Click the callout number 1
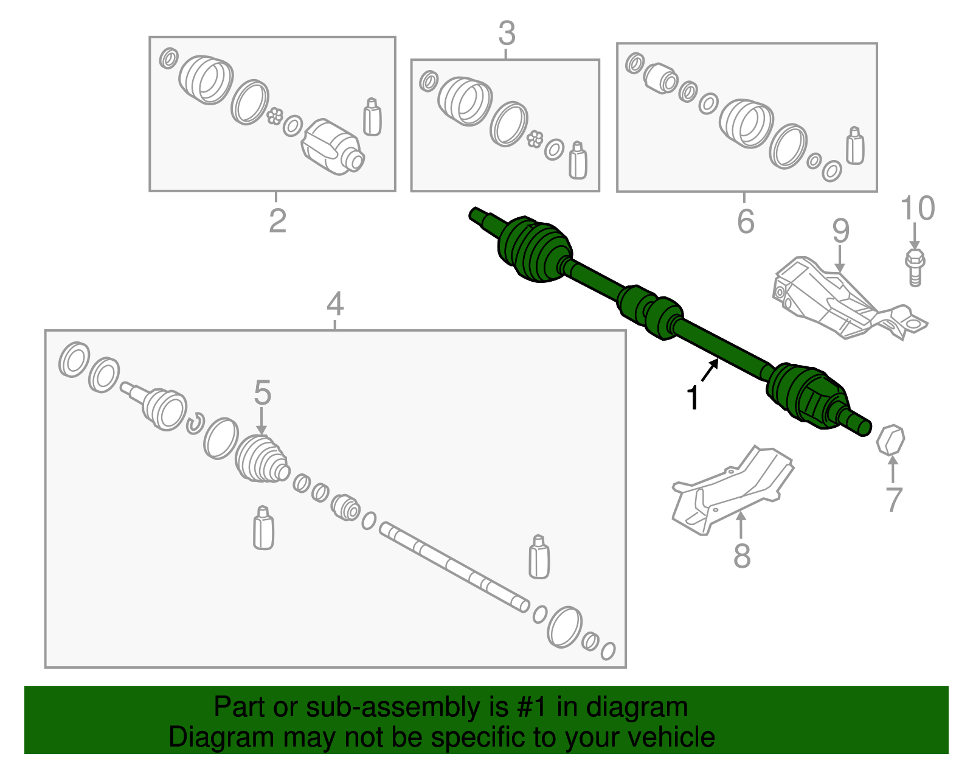pos(693,399)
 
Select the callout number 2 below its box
pos(277,221)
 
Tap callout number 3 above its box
pos(507,33)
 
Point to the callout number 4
pos(335,304)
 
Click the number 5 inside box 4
pos(262,393)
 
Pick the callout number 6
pos(746,221)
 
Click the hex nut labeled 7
pos(890,440)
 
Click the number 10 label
pos(917,209)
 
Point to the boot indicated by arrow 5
pos(261,459)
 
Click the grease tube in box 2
pos(372,117)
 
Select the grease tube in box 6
pos(855,146)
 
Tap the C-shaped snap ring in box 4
pos(194,423)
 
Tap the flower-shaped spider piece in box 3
pos(535,139)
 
